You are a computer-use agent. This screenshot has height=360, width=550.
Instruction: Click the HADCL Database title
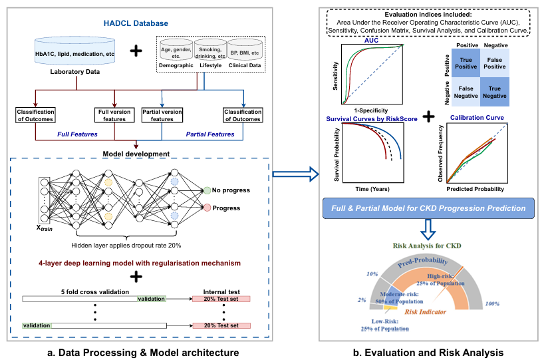tap(136, 23)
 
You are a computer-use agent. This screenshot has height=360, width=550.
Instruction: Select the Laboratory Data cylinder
tap(74, 51)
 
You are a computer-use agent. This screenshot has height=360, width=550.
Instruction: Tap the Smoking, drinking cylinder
tap(210, 50)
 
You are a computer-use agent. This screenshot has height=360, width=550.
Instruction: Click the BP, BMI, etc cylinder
tap(245, 50)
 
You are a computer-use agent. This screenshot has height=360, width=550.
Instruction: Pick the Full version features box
tap(114, 115)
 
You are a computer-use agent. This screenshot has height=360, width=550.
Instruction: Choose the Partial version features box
tap(162, 115)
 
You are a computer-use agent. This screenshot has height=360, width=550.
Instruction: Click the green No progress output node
tap(207, 190)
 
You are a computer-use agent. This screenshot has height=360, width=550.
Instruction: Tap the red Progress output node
tap(207, 208)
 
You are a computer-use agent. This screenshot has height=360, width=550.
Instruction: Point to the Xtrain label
tap(44, 228)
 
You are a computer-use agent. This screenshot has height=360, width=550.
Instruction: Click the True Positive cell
tap(466, 63)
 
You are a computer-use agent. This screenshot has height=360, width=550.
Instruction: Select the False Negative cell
tap(466, 92)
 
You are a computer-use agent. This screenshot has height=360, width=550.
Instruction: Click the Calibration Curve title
tap(477, 118)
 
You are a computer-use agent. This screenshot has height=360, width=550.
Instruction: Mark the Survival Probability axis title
tap(337, 154)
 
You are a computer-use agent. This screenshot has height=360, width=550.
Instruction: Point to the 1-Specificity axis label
tap(370, 110)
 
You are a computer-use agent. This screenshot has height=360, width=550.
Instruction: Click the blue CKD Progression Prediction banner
tap(428, 208)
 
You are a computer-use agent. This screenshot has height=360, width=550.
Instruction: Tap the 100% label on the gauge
tap(492, 303)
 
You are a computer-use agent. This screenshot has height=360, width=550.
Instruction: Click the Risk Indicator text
tap(425, 312)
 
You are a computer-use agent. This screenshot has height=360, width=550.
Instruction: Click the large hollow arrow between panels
tap(296, 174)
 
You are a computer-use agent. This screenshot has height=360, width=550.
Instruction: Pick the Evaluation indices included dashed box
tap(428, 23)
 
